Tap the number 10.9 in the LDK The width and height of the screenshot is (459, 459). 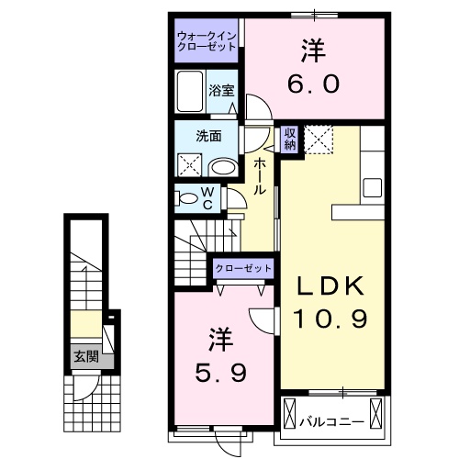[330, 320]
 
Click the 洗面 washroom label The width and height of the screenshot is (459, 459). [207, 136]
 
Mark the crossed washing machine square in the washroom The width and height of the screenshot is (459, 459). [190, 166]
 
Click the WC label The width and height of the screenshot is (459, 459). [207, 198]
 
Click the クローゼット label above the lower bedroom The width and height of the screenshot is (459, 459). [244, 267]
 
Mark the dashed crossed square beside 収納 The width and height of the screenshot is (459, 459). [320, 139]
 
